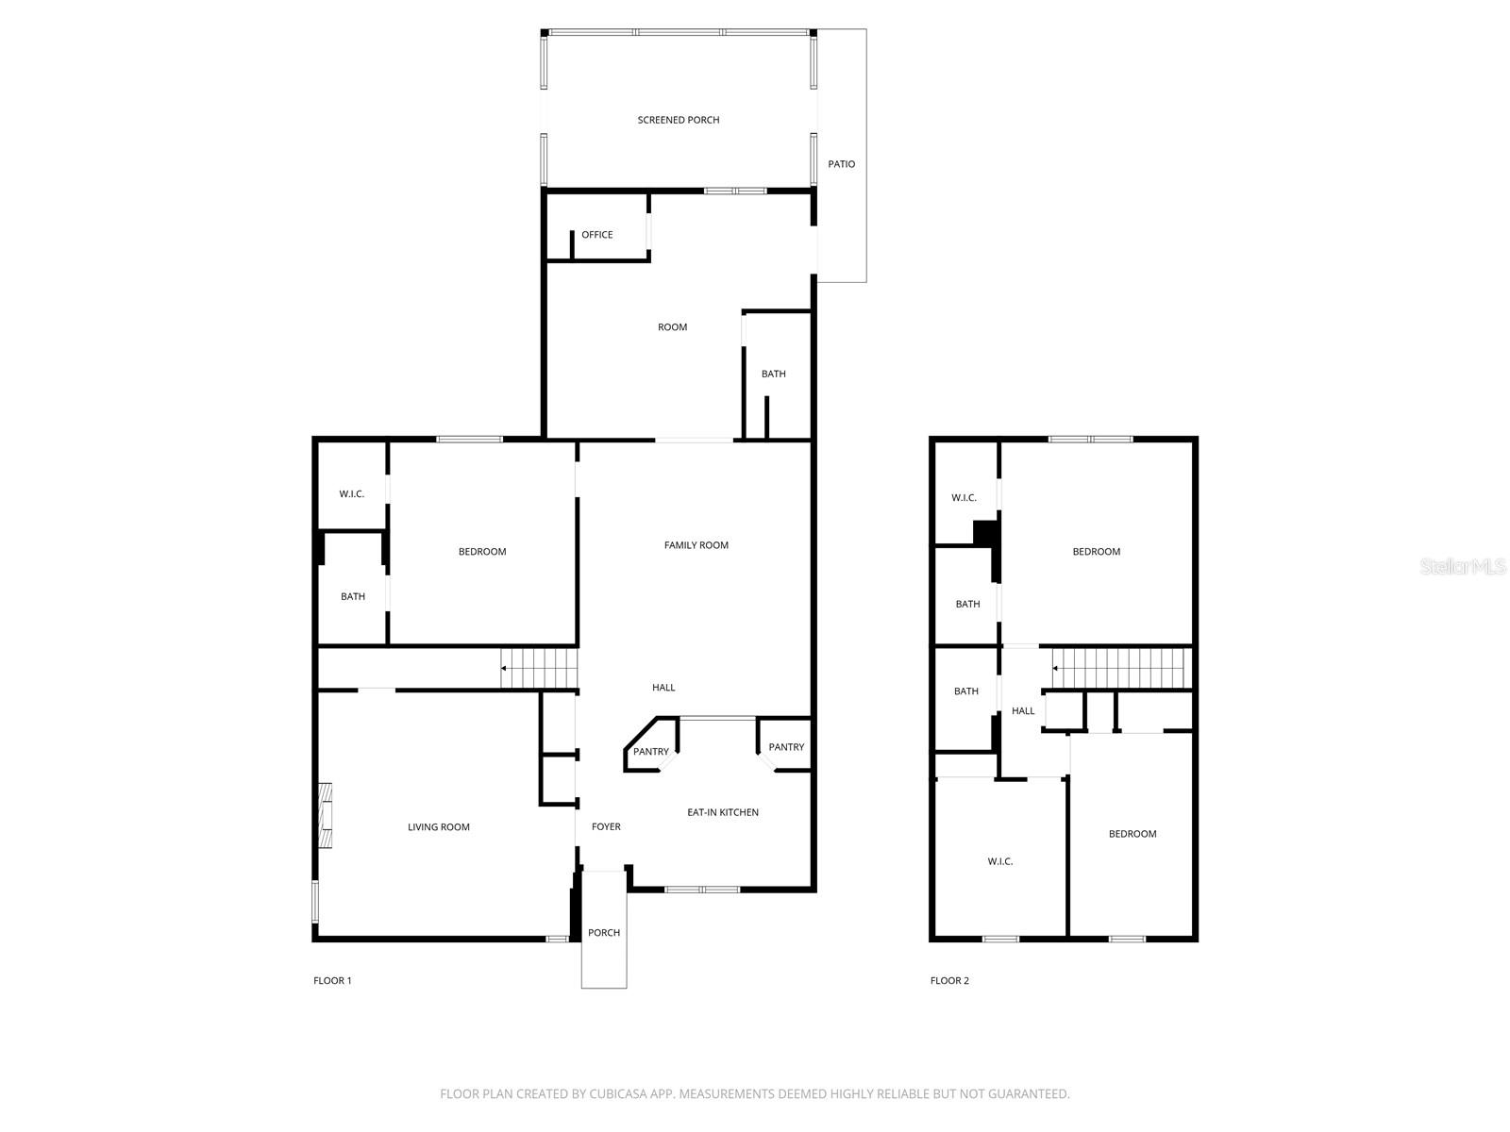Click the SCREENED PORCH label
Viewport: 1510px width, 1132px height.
[678, 120]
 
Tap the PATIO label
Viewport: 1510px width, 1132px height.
[841, 163]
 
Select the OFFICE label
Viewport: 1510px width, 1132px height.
[596, 234]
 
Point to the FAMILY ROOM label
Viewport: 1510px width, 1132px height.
[696, 545]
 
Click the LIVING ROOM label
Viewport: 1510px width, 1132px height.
[438, 827]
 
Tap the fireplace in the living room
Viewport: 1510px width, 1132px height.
[325, 816]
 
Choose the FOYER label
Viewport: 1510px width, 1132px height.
[605, 826]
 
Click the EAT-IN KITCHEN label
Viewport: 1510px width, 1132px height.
[722, 811]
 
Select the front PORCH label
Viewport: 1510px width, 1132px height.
[603, 932]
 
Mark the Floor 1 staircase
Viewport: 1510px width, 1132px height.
[538, 668]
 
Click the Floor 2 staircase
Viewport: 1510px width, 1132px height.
[1121, 668]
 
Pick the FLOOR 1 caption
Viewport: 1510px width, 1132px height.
[332, 980]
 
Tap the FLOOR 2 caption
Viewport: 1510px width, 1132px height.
[949, 980]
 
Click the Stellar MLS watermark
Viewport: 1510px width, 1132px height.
[1463, 566]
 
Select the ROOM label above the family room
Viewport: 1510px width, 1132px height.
[672, 327]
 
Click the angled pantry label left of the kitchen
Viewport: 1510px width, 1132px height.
[650, 751]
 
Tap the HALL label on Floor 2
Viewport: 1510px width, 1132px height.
[1023, 710]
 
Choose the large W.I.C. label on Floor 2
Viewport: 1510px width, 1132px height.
[999, 861]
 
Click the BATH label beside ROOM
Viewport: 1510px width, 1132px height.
[773, 374]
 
